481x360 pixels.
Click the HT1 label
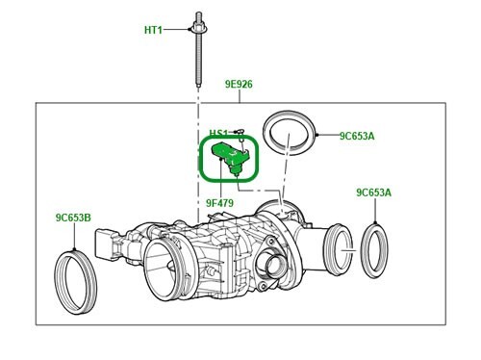pyautogui.click(x=153, y=30)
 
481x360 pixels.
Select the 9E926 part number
pyautogui.click(x=239, y=85)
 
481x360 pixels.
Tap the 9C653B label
pyautogui.click(x=73, y=218)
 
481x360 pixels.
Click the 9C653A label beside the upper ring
pyautogui.click(x=356, y=136)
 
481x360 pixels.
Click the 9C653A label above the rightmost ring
pyautogui.click(x=373, y=193)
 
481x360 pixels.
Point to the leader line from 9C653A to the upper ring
pyautogui.click(x=323, y=136)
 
